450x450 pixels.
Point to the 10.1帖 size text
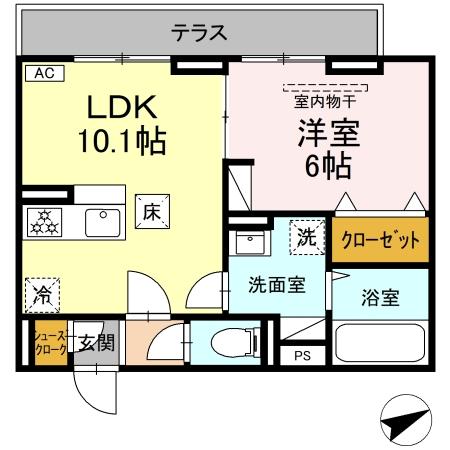[x=122, y=141]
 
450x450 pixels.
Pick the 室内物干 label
[x=323, y=100]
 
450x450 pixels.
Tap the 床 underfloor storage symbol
[x=153, y=211]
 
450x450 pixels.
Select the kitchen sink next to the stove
[x=103, y=222]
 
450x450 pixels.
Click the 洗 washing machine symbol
[x=306, y=237]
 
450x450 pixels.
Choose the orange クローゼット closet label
[x=380, y=241]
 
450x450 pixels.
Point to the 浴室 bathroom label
[x=380, y=296]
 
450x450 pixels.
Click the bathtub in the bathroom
[x=381, y=344]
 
